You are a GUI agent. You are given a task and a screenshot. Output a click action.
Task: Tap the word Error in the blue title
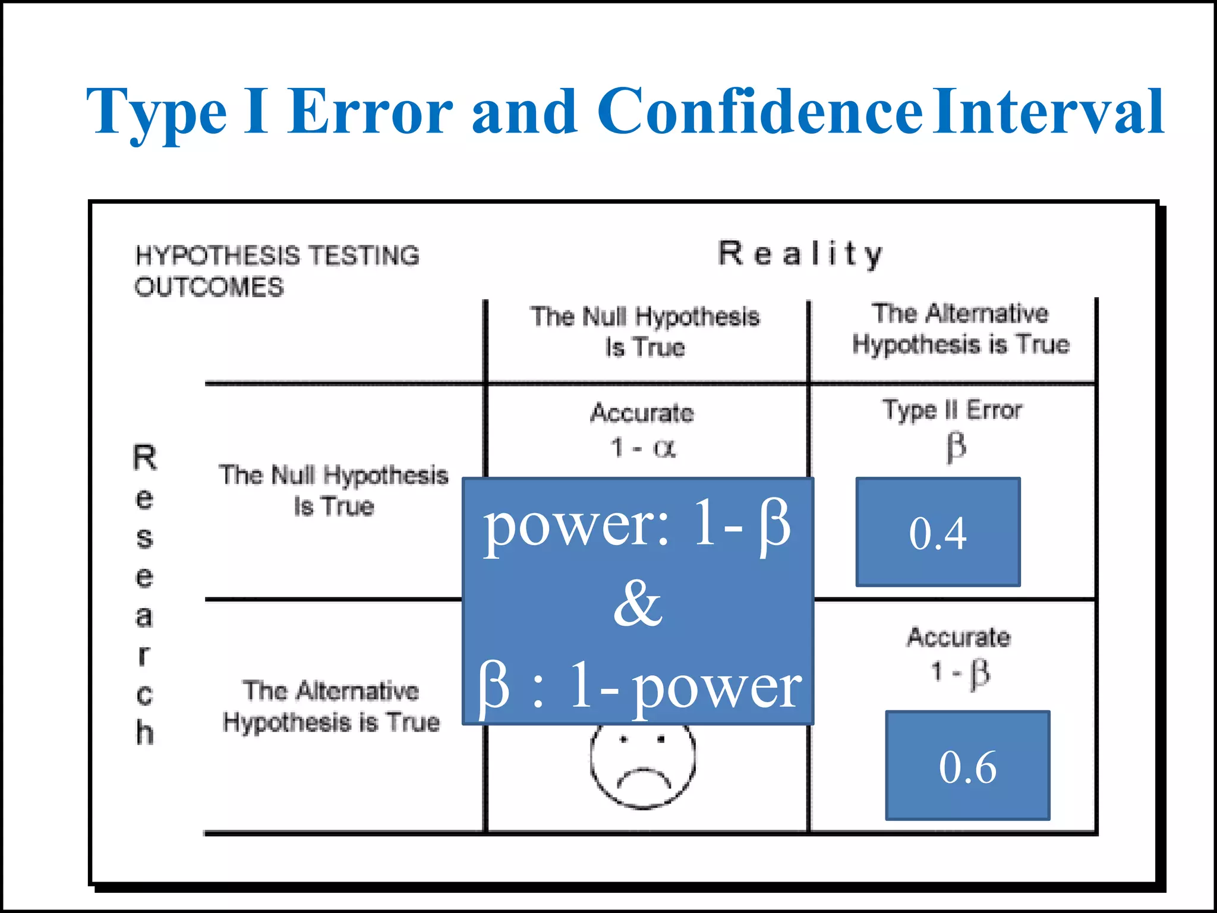[371, 112]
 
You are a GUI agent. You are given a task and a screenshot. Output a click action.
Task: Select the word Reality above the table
[800, 254]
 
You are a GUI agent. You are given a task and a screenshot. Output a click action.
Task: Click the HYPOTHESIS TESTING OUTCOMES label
[276, 271]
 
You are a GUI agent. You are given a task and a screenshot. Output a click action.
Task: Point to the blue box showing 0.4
[938, 533]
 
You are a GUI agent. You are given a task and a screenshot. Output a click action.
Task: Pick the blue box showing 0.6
[967, 766]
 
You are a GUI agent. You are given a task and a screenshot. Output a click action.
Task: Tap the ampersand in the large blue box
[638, 604]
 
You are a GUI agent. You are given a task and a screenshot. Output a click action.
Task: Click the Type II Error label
[952, 410]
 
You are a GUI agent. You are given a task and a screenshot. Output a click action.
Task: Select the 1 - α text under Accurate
[643, 448]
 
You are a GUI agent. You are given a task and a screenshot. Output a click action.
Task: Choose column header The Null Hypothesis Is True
[645, 332]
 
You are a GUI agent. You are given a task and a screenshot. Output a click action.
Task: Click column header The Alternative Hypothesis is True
[960, 329]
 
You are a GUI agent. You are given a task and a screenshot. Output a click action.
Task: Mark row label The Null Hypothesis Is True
[334, 490]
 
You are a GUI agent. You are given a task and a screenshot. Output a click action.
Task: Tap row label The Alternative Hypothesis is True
[331, 706]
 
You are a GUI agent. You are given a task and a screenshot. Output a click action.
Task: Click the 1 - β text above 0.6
[959, 673]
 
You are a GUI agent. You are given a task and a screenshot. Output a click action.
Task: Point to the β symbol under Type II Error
[956, 447]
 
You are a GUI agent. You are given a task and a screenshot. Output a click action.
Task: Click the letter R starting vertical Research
[144, 457]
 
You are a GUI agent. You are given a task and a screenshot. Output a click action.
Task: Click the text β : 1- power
[639, 687]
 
